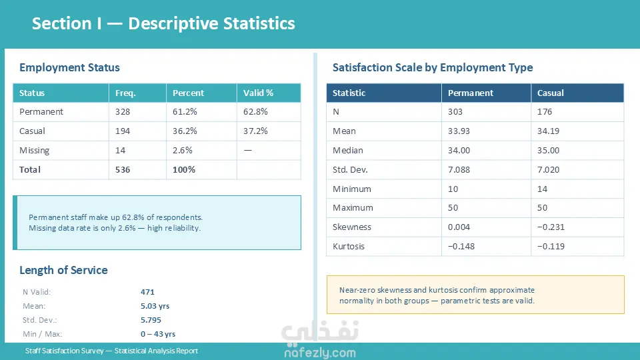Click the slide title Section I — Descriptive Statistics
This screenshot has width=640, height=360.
coord(163,24)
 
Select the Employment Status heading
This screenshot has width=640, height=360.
coord(69,67)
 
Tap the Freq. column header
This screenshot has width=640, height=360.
coord(125,93)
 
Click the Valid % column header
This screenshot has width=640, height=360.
coord(258,93)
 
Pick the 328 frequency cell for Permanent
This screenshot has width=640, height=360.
coord(123,112)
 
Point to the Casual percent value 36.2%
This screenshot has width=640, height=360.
coord(183,131)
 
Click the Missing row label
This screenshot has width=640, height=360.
coord(35,151)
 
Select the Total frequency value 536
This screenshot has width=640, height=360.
coord(123,170)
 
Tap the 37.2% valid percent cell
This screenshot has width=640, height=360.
coord(255,131)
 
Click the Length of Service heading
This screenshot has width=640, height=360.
coord(63,270)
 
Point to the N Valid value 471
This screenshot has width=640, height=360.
coord(147,292)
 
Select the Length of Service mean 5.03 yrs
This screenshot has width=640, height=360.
coord(155,306)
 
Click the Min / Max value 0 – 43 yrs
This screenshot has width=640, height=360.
coord(158,334)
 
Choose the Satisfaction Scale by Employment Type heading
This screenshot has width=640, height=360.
coord(433,67)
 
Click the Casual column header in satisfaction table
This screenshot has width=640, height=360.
coord(551,93)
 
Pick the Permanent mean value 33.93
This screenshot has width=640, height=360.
coord(459,131)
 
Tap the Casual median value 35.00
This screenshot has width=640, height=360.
coord(549,151)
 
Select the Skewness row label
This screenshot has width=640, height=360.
coord(352,227)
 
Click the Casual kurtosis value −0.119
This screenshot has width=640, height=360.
coord(551,247)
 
